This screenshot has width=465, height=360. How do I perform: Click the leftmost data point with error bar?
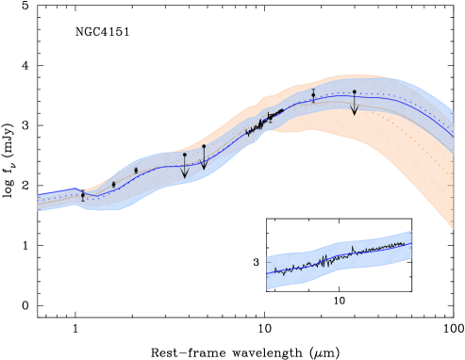(83, 195)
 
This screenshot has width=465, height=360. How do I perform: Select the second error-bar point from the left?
(114, 184)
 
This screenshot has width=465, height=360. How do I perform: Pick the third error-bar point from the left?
(136, 171)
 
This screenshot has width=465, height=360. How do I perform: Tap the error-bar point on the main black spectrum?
(270, 117)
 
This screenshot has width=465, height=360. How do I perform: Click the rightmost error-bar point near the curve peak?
(313, 94)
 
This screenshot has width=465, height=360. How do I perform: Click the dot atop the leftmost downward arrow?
(185, 155)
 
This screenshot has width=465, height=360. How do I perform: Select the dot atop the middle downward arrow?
(204, 146)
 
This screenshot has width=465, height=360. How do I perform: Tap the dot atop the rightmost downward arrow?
(355, 92)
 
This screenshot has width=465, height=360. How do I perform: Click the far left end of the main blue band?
(41, 202)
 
